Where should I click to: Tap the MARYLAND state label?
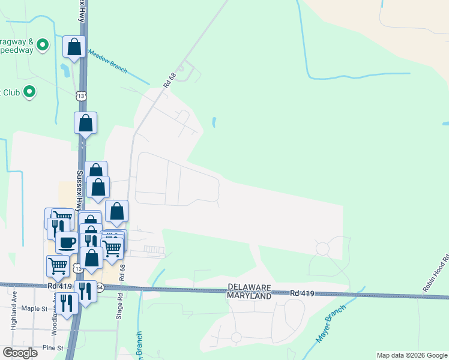(x=249, y=296)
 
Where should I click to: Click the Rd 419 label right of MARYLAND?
(x=301, y=293)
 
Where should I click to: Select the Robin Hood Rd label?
(x=435, y=275)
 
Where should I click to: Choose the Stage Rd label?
(x=120, y=305)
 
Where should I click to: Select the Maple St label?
(x=34, y=308)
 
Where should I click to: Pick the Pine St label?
(x=53, y=347)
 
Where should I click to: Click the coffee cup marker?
(x=67, y=242)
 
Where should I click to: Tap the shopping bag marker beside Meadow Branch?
(x=74, y=47)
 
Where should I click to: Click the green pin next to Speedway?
(x=43, y=44)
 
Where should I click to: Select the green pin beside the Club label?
(x=29, y=92)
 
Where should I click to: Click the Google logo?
(x=20, y=353)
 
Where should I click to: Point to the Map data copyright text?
(x=411, y=355)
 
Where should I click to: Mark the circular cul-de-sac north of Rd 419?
(x=323, y=248)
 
